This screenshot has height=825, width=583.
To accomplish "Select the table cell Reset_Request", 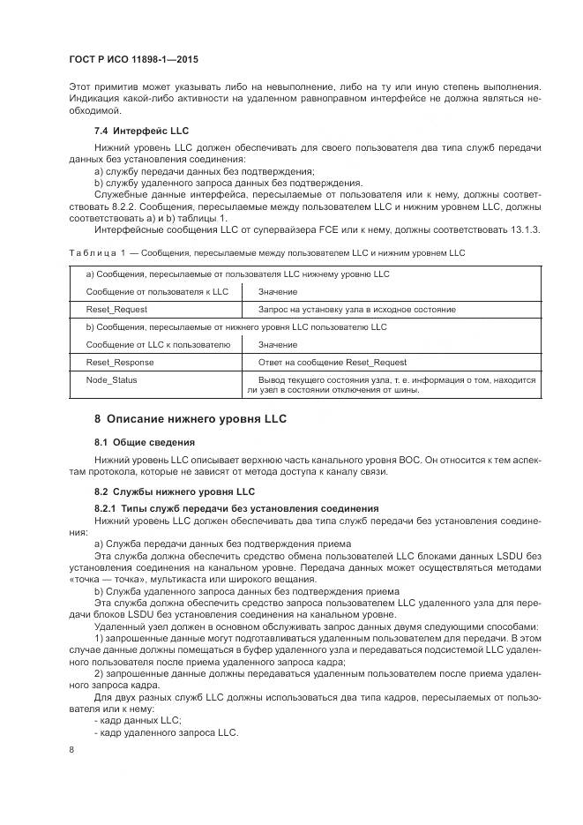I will pos(116,310).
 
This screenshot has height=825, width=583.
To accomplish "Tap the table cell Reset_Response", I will pos(119,363).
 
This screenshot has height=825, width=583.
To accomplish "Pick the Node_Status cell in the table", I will pos(111,380).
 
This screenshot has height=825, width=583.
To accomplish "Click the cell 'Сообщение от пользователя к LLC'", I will pos(156,291).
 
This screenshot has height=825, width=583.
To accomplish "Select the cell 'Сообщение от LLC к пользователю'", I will pos(156,344).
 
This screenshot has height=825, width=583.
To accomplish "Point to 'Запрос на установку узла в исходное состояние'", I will pos(356,310).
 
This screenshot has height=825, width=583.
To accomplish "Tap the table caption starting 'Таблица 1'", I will pos(265,253).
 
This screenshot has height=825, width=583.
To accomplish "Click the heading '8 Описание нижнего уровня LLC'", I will pos(191,418).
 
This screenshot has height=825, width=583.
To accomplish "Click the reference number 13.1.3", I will pos(526,230).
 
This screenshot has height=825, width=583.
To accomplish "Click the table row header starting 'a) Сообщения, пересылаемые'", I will pos(237,274).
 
